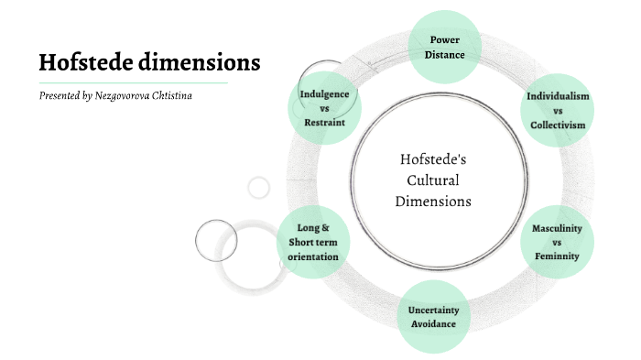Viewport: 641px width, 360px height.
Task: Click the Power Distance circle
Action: [x=445, y=46]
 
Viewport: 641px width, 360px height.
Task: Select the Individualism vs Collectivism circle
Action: [x=557, y=110]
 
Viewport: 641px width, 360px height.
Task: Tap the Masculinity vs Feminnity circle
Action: [x=557, y=242]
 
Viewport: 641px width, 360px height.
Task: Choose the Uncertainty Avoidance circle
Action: [x=432, y=316]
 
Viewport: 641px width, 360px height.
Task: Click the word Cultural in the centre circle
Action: [x=433, y=180]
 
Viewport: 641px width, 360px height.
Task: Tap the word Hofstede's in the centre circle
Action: [x=434, y=159]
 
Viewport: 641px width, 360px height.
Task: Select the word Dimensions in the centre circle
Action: [x=433, y=201]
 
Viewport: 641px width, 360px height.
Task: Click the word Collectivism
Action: [x=558, y=124]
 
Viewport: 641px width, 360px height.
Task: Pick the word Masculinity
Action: [x=558, y=228]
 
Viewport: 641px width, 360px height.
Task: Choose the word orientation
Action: [x=313, y=256]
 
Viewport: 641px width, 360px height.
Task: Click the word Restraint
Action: [x=324, y=122]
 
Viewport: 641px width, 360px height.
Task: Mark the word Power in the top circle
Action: [x=445, y=39]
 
